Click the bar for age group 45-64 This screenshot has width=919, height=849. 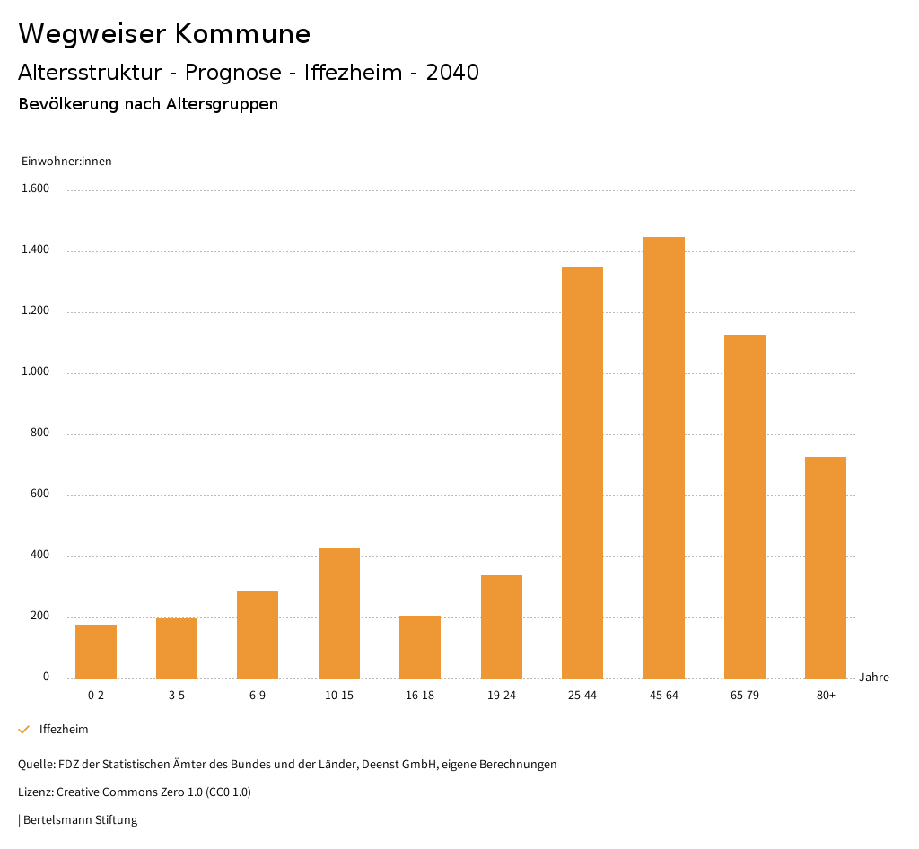pyautogui.click(x=663, y=458)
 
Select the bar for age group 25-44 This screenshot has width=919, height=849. pyautogui.click(x=582, y=473)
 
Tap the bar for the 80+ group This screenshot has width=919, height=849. pyautogui.click(x=826, y=567)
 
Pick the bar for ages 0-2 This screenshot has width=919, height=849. pyautogui.click(x=96, y=652)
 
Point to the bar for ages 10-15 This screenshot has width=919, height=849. pyautogui.click(x=339, y=613)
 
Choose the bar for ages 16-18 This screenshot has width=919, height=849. pyautogui.click(x=420, y=647)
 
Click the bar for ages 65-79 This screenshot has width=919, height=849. pyautogui.click(x=745, y=506)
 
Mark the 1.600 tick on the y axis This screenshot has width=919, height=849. pyautogui.click(x=37, y=188)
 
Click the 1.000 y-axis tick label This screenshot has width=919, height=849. pyautogui.click(x=37, y=372)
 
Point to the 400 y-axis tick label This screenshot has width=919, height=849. pyautogui.click(x=40, y=555)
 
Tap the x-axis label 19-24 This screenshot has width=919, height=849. pyautogui.click(x=502, y=696)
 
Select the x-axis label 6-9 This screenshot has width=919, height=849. pyautogui.click(x=258, y=696)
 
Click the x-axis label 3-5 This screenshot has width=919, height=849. pyautogui.click(x=177, y=696)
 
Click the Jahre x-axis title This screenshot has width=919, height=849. pyautogui.click(x=874, y=678)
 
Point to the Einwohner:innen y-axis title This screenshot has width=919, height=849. pyautogui.click(x=66, y=162)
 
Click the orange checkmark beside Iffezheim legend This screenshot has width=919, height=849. pyautogui.click(x=24, y=730)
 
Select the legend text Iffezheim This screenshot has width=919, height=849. pyautogui.click(x=64, y=730)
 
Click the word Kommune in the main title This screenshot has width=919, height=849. pyautogui.click(x=242, y=34)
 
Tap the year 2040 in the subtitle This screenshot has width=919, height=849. pyautogui.click(x=452, y=73)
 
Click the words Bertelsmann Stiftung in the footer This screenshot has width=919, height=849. pyautogui.click(x=80, y=820)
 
